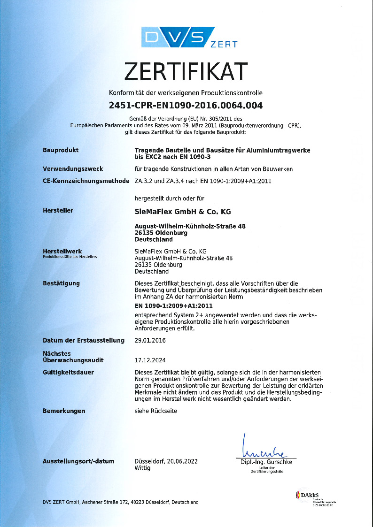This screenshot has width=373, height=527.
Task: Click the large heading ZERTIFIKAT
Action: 186,71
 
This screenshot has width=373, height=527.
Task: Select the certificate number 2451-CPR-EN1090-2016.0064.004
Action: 186,105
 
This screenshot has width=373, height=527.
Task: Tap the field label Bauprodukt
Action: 61,150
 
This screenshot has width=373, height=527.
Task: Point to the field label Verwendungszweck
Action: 73,168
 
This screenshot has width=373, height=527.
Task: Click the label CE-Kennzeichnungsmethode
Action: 86,181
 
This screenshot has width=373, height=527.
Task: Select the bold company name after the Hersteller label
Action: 183,211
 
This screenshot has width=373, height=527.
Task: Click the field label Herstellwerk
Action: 62,252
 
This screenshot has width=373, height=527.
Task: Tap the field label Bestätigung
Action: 61,283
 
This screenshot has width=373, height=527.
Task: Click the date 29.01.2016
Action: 150,340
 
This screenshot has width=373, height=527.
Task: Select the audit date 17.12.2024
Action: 150,360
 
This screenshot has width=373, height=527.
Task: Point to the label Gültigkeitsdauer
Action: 68,373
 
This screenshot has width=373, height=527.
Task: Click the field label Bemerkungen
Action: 64,411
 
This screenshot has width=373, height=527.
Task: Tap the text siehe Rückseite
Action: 156,411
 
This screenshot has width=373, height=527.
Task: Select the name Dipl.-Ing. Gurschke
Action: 266,462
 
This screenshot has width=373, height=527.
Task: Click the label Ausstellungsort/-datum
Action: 78,461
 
